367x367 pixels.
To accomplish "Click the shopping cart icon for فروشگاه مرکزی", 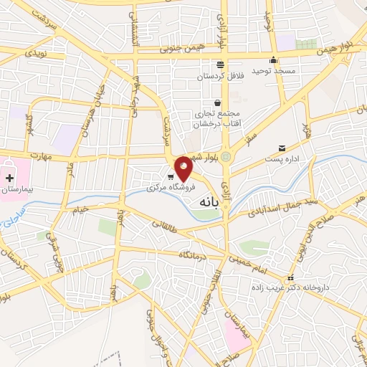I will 171,176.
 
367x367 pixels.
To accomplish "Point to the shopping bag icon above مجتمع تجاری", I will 216,102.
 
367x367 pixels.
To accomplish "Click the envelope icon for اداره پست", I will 282,148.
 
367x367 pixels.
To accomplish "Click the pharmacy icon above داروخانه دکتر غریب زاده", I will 290,278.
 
